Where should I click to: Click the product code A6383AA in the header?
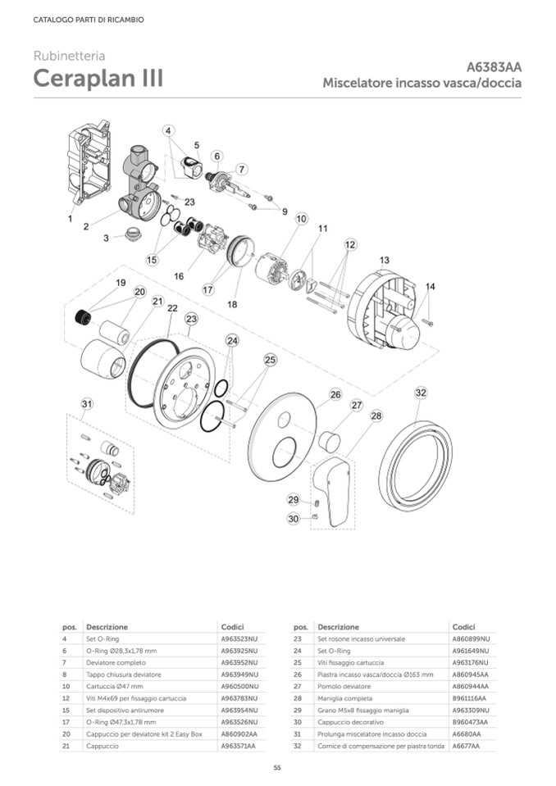point(494,67)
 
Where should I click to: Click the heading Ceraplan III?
point(98,79)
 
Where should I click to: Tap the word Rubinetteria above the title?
point(69,56)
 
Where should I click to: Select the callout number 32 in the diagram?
point(420,393)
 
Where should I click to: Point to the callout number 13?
point(384,260)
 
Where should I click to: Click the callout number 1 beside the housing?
point(71,219)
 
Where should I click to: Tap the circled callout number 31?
point(87,403)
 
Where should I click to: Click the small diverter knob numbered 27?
point(329,441)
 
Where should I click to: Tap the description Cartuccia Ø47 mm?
point(115,686)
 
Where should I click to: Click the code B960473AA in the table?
point(470,722)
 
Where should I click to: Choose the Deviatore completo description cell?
point(116,662)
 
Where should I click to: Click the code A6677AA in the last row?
point(467,746)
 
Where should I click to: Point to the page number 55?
point(278,766)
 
